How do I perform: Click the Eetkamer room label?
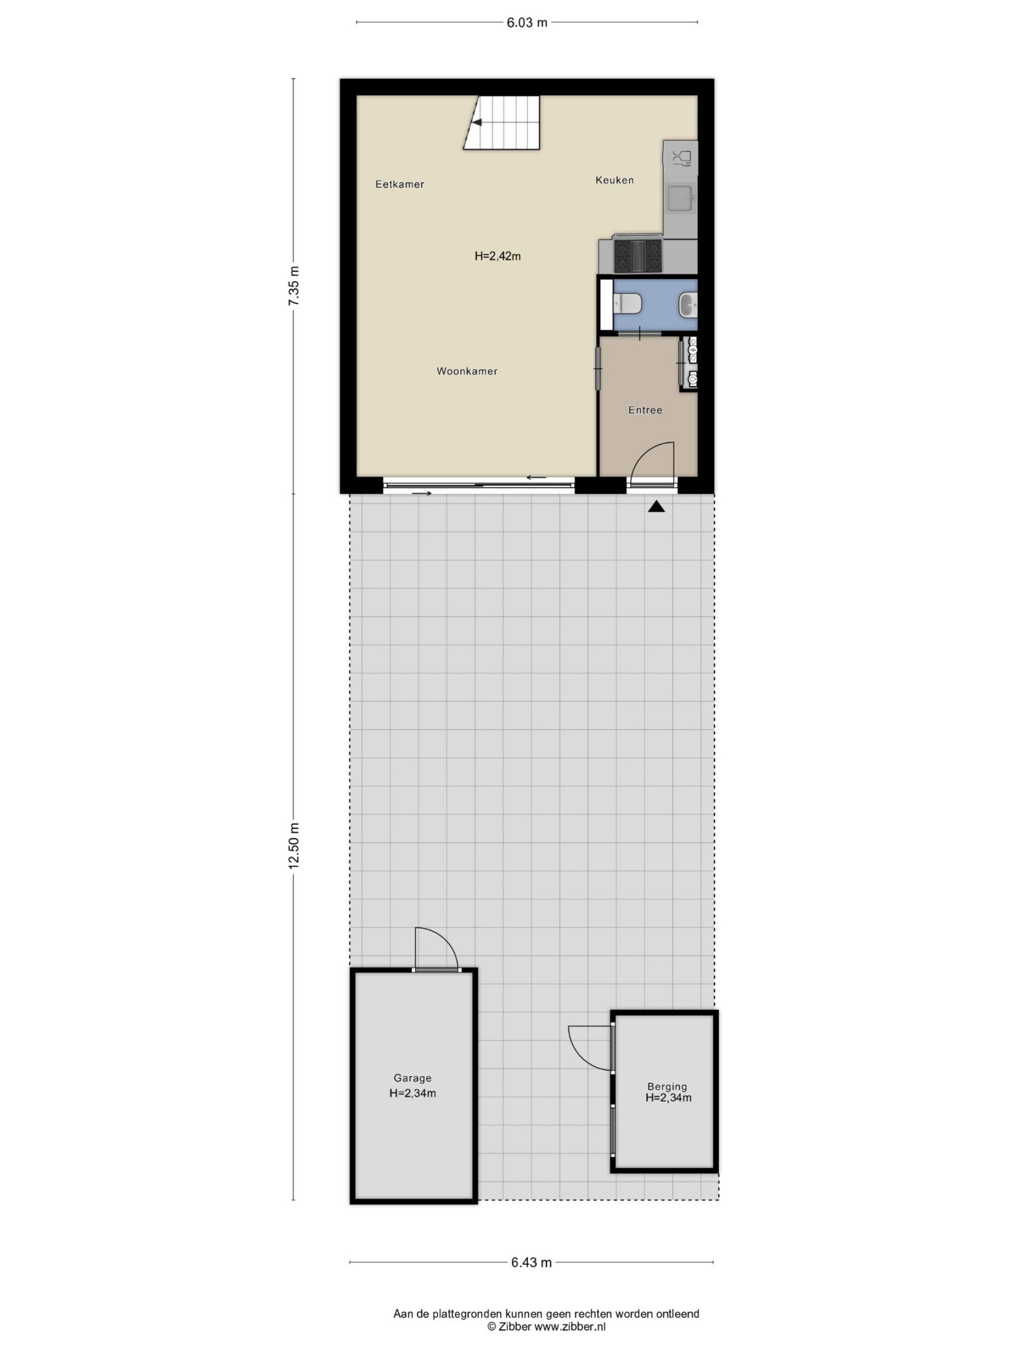(399, 184)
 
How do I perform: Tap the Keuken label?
(614, 180)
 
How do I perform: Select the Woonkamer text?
(467, 371)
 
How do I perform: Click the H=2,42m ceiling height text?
(497, 256)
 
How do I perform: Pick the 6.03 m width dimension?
(527, 23)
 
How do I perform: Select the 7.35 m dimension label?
(294, 286)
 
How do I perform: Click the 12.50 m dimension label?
(294, 845)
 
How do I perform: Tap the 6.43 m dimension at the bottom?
(531, 1262)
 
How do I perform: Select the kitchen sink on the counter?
(681, 198)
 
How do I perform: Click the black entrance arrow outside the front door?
(656, 506)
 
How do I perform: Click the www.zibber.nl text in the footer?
(570, 1326)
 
